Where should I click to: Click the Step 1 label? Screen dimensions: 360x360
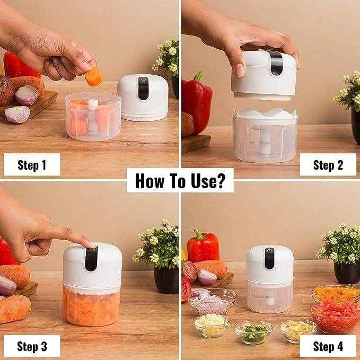point(32,165)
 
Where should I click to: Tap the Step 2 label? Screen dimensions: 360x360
point(328,165)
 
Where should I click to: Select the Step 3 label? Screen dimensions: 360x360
point(32,347)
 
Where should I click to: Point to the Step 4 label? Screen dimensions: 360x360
point(328,347)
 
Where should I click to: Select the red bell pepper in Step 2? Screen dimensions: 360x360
point(197,103)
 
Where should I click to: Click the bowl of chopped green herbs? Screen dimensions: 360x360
point(253,332)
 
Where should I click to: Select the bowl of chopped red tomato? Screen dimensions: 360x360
point(334,316)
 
